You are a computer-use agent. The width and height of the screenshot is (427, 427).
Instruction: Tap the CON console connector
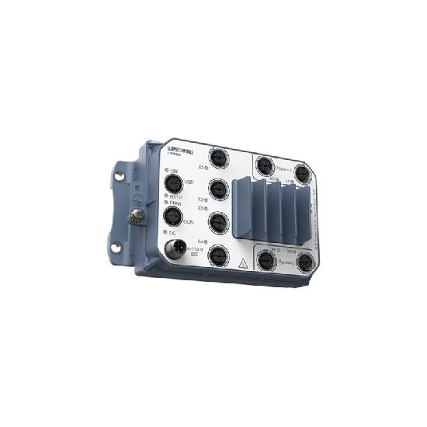point(171,217)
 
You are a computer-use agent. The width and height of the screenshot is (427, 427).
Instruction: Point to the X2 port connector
point(217,190)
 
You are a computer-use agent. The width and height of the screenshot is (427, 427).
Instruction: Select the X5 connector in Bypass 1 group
point(265,165)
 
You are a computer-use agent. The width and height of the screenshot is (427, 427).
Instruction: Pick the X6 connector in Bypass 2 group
point(266,261)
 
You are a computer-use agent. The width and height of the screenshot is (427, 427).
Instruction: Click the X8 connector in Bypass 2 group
point(305,264)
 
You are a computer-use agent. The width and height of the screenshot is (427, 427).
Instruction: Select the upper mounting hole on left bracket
point(118,176)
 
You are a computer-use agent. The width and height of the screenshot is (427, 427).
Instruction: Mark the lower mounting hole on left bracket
point(115,248)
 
